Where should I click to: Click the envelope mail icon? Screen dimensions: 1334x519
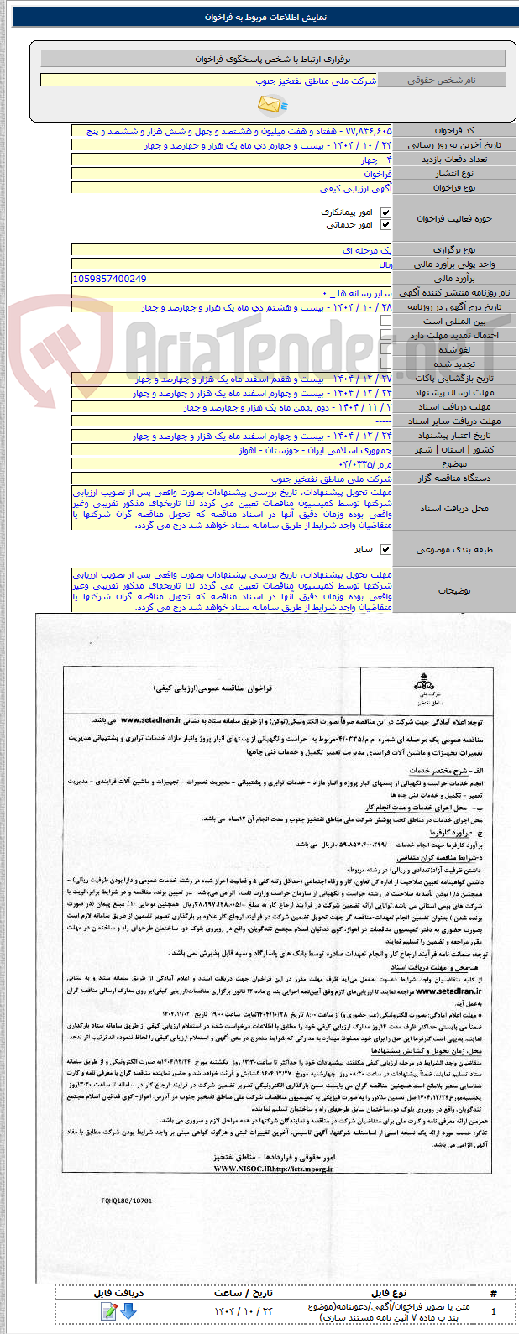[x=270, y=105]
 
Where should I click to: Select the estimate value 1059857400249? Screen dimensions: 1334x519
[x=110, y=279]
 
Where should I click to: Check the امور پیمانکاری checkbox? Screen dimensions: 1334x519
[x=385, y=212]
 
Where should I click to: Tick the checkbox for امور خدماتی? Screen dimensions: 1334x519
[x=385, y=225]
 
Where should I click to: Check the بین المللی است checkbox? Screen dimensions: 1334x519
[x=385, y=321]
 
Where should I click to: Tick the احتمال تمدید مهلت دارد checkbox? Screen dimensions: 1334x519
[x=385, y=335]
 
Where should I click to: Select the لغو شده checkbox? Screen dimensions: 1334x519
[x=385, y=349]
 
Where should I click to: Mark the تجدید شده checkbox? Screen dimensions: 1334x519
[x=385, y=364]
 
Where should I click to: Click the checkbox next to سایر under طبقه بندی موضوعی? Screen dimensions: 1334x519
[x=385, y=549]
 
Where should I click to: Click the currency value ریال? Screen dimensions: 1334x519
[x=385, y=264]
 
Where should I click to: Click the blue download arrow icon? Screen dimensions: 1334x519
[x=128, y=1310]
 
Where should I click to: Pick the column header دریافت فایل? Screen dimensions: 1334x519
[x=118, y=1293]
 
